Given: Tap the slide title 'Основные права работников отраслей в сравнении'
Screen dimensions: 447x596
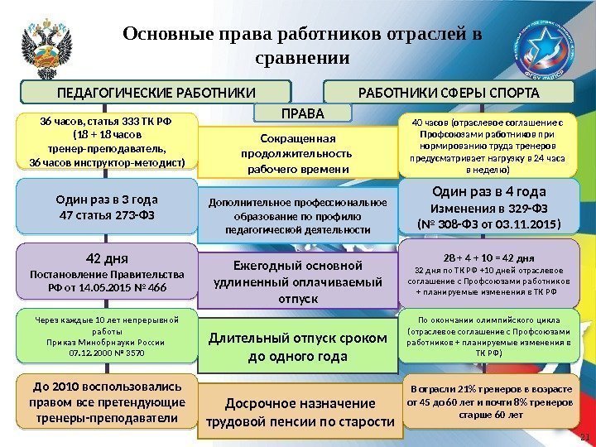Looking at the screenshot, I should pyautogui.click(x=302, y=46).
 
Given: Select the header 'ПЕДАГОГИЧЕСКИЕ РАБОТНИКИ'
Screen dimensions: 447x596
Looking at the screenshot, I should pyautogui.click(x=156, y=90).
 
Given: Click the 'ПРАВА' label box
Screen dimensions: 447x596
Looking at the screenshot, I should pyautogui.click(x=302, y=112).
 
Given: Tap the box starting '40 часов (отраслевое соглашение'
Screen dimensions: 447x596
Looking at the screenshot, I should pyautogui.click(x=486, y=146).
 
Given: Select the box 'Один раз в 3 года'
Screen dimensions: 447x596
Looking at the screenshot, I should pyautogui.click(x=108, y=208).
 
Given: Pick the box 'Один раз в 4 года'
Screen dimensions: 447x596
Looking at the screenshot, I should pyautogui.click(x=486, y=206).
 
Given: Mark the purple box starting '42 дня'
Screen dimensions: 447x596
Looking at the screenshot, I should pyautogui.click(x=108, y=270).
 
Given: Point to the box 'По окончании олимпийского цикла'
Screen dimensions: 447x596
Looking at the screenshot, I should pyautogui.click(x=486, y=334).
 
